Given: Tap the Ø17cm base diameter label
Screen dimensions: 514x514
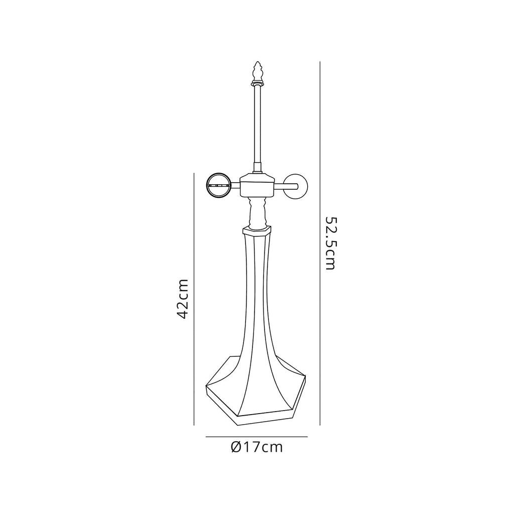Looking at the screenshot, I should tap(257, 447).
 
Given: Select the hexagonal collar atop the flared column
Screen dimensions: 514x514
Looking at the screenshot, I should tap(256, 230).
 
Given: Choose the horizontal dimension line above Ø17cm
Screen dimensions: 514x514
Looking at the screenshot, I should tap(256, 437).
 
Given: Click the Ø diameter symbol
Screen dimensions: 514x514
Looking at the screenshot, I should tap(237, 447).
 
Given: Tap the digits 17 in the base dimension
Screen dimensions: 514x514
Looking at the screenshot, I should tap(252, 447).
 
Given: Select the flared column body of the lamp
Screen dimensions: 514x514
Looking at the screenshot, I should tap(256, 311).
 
